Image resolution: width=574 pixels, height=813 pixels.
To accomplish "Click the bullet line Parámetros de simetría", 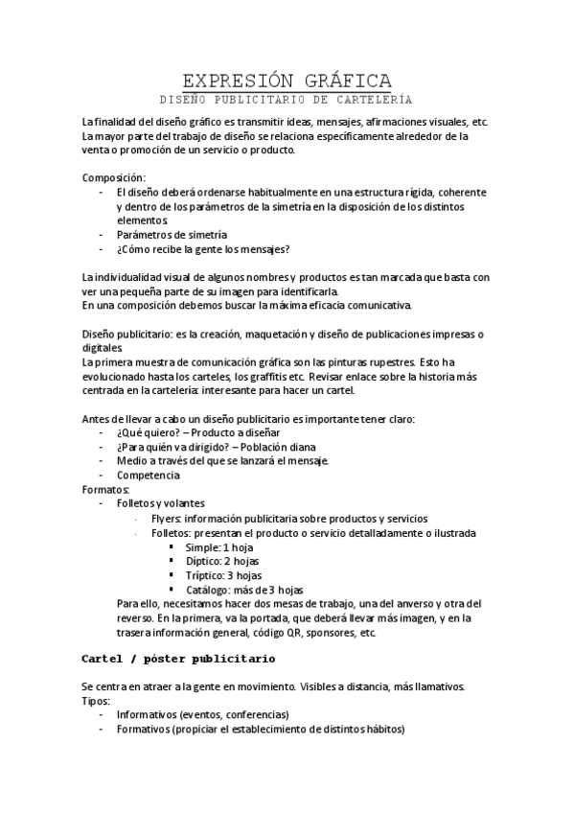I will click(x=172, y=234).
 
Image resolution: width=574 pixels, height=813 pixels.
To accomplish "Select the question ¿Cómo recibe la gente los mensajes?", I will click(x=204, y=249).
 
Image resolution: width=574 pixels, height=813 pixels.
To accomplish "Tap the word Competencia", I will click(x=148, y=476).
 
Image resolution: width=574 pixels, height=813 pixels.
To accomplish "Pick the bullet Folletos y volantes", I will click(x=160, y=504).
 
